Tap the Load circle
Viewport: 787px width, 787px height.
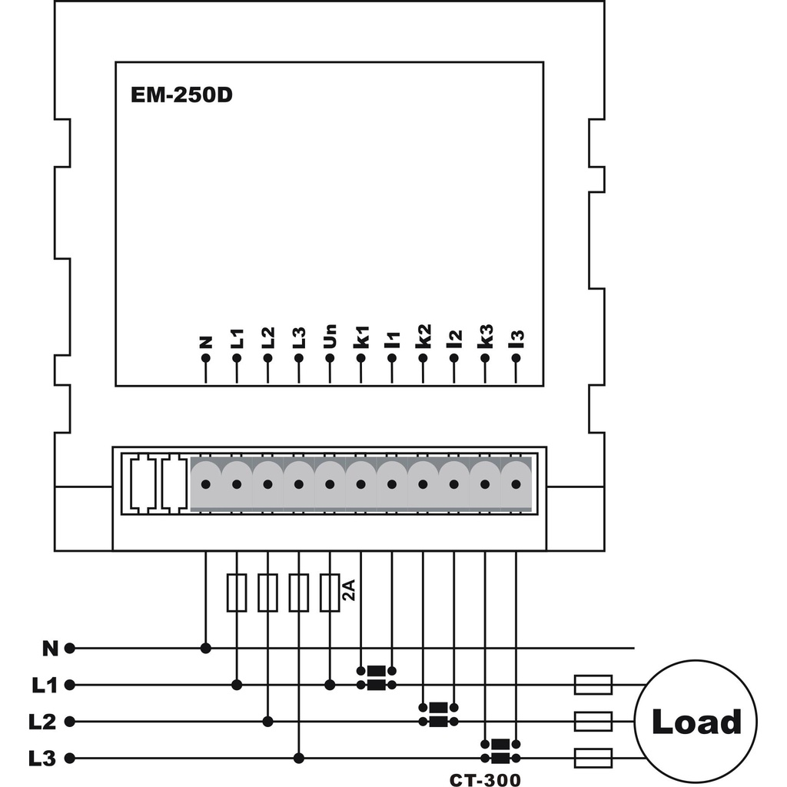[x=696, y=722]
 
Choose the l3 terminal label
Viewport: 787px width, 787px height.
[x=516, y=337]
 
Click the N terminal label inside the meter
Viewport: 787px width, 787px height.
[x=205, y=340]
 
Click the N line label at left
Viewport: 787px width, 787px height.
[x=50, y=648]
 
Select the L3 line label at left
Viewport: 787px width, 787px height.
[x=43, y=759]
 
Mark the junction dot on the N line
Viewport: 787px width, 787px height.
[x=205, y=648]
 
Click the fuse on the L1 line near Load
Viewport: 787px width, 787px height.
[x=593, y=684]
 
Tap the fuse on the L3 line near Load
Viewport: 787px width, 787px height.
[x=593, y=758]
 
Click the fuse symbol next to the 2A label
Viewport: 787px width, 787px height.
[x=330, y=593]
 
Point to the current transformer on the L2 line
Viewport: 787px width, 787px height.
[x=438, y=714]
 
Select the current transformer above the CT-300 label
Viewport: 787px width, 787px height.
[x=500, y=751]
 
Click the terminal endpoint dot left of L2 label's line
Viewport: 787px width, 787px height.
[x=70, y=722]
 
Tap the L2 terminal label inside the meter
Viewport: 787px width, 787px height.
[x=267, y=337]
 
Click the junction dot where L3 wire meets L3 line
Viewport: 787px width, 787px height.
[x=299, y=759]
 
